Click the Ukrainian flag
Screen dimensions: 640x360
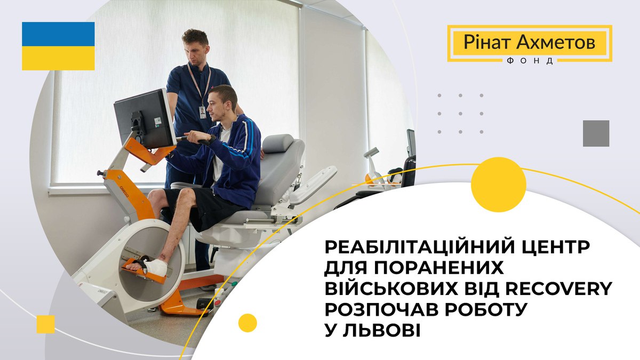[58, 46]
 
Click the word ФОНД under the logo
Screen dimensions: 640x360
[530, 61]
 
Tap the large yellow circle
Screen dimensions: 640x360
[499, 185]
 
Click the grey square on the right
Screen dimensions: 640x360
[596, 133]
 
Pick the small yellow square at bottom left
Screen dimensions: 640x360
[45, 324]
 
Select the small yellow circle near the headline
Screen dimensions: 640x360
[247, 323]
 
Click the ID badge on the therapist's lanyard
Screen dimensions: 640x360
[203, 113]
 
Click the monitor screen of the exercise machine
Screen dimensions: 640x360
[145, 118]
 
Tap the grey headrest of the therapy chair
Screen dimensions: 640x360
[277, 143]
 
